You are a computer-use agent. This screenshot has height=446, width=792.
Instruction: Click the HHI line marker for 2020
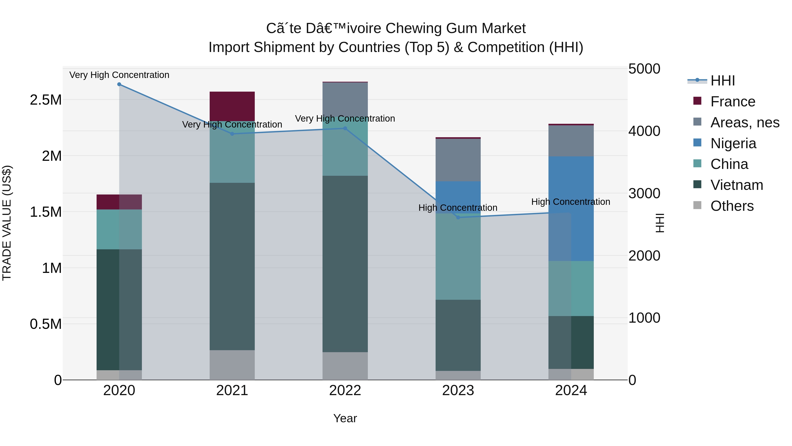pos(119,84)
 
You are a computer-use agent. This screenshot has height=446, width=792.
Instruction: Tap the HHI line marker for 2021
pos(232,134)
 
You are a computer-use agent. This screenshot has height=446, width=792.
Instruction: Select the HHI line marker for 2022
pos(345,128)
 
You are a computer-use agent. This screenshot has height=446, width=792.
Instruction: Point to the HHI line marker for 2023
pos(458,218)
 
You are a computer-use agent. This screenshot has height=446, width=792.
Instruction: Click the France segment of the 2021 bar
pos(232,106)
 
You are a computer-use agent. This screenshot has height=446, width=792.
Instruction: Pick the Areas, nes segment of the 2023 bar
pos(458,160)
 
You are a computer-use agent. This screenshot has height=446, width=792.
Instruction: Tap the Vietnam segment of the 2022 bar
pos(345,264)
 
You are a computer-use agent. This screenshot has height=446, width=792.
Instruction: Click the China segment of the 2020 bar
pos(119,229)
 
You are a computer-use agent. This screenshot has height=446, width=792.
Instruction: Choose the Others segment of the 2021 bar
pos(232,365)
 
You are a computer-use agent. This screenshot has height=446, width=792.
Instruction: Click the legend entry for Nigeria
pos(733,143)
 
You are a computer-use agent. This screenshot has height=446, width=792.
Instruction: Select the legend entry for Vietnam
pos(736,185)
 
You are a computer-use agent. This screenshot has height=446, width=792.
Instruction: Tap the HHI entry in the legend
pos(722,81)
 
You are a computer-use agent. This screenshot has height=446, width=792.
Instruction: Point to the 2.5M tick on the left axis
pos(46,100)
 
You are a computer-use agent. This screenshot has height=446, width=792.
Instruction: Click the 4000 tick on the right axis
pos(644,131)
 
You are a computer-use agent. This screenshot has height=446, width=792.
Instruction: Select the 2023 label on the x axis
pos(458,390)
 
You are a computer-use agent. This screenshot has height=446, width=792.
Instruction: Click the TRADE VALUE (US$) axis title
pos(7,223)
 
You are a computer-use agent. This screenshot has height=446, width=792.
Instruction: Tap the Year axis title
pos(345,418)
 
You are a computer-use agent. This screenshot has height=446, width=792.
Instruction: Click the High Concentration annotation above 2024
pos(571,202)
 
